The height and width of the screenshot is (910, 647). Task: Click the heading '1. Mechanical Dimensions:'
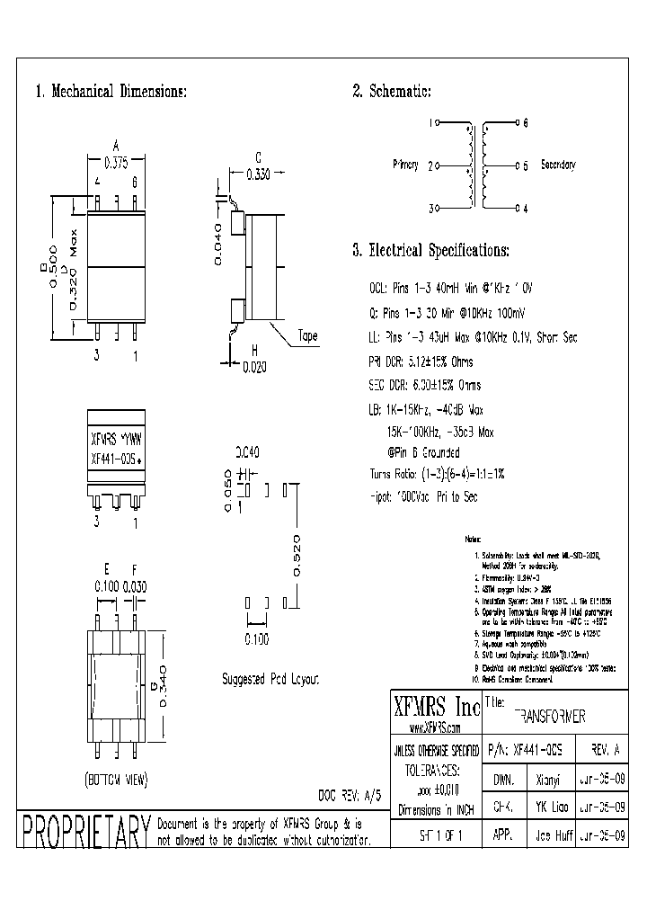click(111, 93)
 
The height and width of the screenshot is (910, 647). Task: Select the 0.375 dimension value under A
click(116, 163)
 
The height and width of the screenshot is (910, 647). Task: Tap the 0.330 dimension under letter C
click(257, 175)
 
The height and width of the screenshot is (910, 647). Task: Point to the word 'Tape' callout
click(308, 336)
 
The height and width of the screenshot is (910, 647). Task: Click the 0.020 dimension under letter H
click(255, 366)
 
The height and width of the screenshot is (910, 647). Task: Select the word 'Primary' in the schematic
click(406, 165)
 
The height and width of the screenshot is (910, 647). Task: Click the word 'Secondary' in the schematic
click(557, 165)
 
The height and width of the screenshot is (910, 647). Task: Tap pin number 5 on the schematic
click(526, 165)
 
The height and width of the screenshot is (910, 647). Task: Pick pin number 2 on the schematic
click(431, 165)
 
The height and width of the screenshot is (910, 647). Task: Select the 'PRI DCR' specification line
click(421, 361)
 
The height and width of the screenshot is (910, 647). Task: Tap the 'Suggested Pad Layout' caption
click(270, 680)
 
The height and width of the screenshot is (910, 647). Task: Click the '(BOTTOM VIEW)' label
click(116, 778)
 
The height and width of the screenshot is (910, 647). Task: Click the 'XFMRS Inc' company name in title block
click(435, 706)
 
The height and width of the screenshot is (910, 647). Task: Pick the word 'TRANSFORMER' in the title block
click(550, 717)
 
